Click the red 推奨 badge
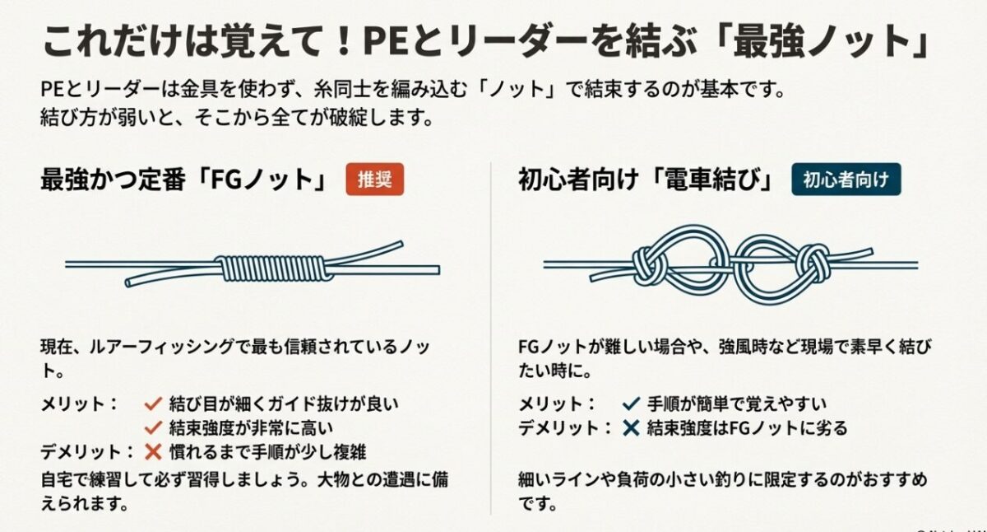[x=377, y=180]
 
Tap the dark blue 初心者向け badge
[x=846, y=180]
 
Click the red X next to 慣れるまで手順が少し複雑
[x=151, y=451]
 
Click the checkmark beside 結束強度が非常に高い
[x=151, y=427]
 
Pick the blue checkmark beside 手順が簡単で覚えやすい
[x=631, y=404]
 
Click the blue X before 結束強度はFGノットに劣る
[x=631, y=428]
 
